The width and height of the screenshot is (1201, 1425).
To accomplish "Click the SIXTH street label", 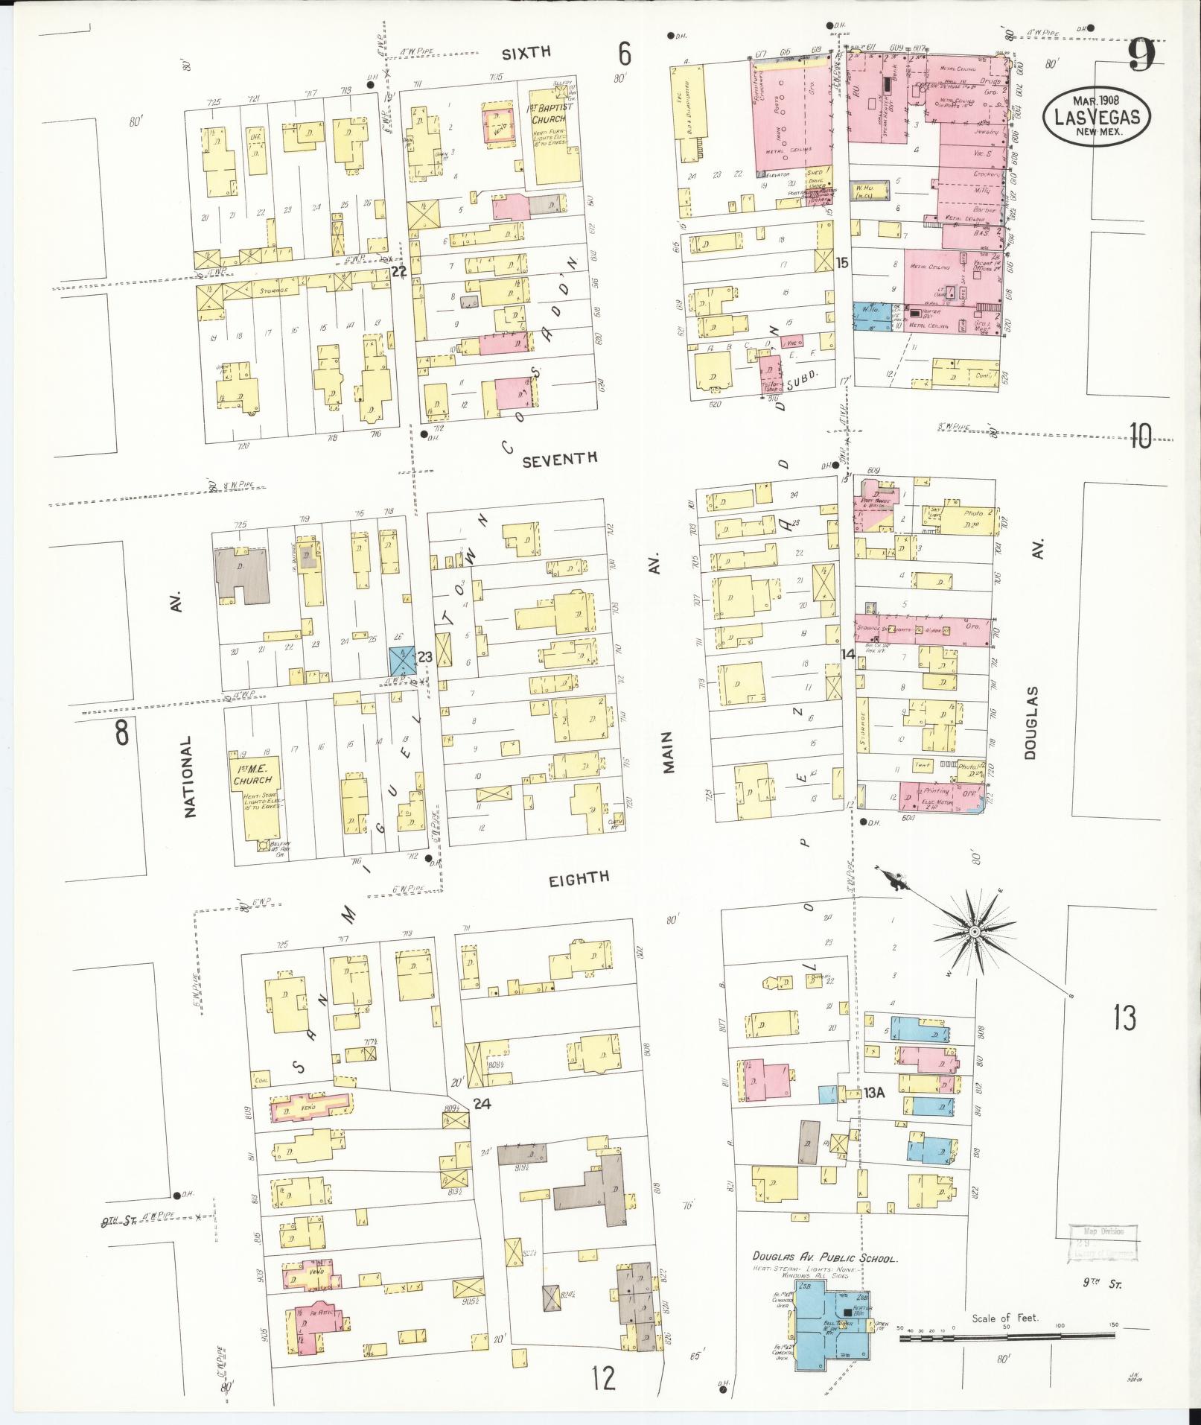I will click(x=526, y=52).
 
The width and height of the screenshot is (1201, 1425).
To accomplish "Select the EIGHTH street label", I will click(x=579, y=878).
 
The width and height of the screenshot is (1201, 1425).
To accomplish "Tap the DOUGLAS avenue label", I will click(x=1030, y=723).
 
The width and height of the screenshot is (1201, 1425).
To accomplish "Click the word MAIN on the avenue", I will click(x=668, y=752).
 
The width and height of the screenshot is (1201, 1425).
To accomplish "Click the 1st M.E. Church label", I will click(x=252, y=776).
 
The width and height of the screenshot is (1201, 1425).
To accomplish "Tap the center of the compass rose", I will click(x=973, y=932).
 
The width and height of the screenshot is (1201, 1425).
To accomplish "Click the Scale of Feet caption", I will click(x=1004, y=1318).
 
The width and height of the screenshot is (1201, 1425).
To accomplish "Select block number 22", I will click(x=399, y=272).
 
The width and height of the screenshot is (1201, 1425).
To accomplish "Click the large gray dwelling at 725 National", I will click(x=240, y=577).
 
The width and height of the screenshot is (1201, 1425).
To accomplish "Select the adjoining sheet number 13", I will click(x=1124, y=1017).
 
